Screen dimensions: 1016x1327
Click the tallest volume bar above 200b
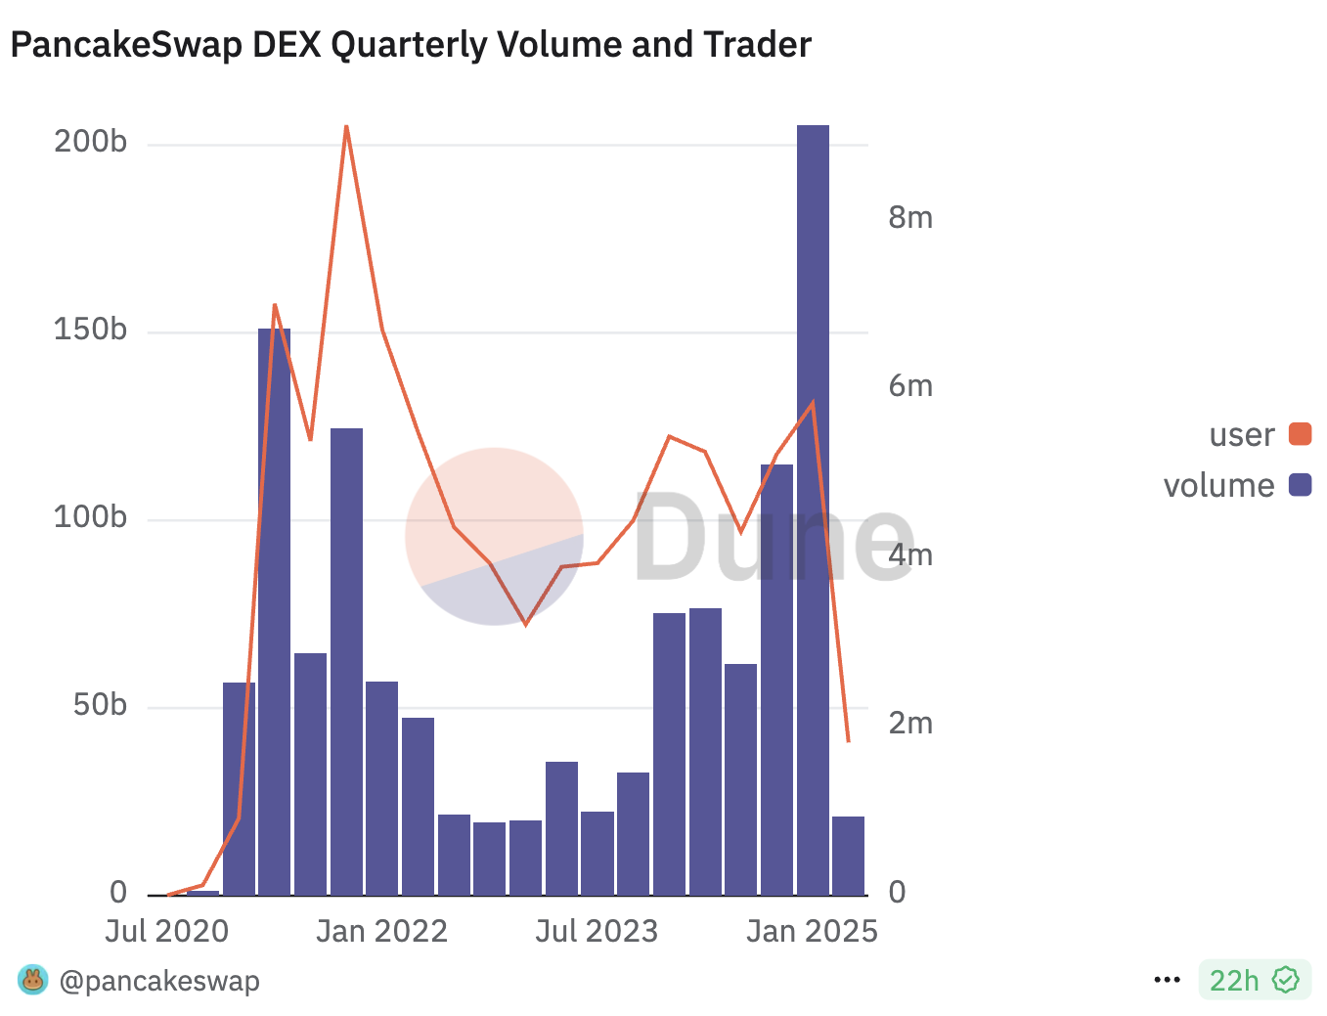point(813,508)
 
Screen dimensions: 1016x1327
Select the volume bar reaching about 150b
point(274,611)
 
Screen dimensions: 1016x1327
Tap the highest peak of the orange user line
point(346,127)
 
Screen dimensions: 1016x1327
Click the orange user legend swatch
point(1300,434)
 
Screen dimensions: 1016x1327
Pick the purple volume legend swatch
point(1300,485)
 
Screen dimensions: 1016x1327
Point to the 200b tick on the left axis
point(90,143)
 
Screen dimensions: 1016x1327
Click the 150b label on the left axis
point(90,331)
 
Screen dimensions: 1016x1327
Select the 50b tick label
point(100,706)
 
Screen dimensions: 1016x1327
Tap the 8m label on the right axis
point(909,218)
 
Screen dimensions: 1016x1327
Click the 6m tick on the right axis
point(909,387)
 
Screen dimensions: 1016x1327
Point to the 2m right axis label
point(909,725)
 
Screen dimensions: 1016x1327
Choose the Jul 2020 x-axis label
point(166,932)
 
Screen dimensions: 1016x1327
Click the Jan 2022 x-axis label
point(381,932)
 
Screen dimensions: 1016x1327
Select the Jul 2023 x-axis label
point(597,932)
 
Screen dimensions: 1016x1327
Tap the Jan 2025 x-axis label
point(812,932)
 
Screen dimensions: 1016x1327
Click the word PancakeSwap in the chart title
point(126,45)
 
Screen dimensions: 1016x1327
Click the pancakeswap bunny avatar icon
point(32,980)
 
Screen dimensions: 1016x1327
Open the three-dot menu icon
point(1168,980)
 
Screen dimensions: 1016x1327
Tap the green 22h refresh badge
point(1254,980)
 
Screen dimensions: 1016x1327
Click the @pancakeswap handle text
point(159,981)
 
